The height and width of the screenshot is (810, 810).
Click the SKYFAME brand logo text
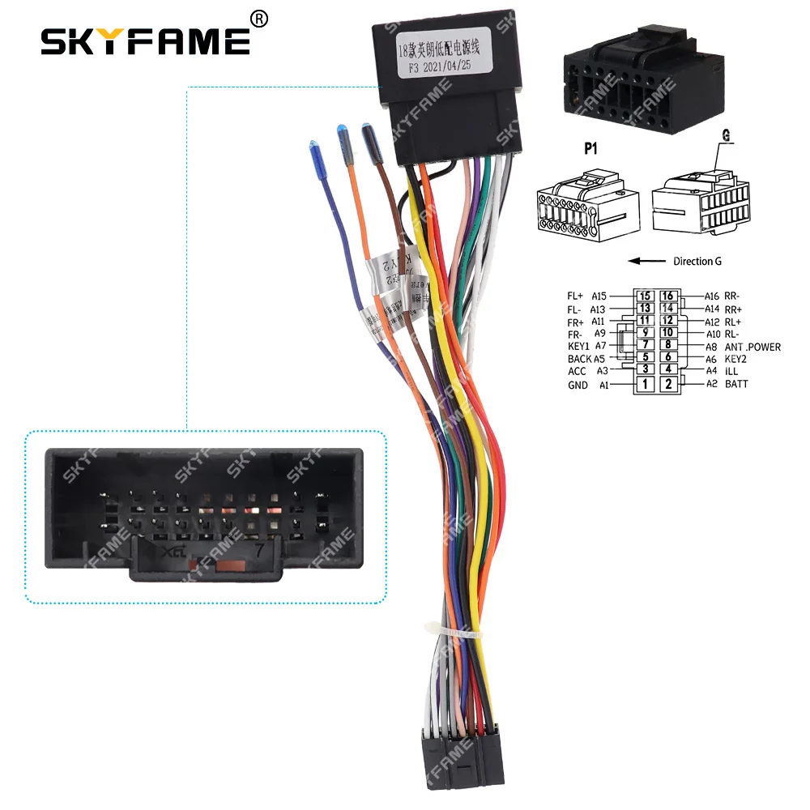click(x=146, y=40)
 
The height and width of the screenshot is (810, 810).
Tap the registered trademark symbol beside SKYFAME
click(x=259, y=17)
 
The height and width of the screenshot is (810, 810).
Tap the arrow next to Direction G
click(x=646, y=261)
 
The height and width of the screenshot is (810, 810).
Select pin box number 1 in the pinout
click(x=646, y=384)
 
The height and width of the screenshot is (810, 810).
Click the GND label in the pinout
click(x=577, y=385)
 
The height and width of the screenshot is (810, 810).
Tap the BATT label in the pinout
click(x=737, y=384)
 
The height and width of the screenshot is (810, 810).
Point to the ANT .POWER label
click(x=752, y=347)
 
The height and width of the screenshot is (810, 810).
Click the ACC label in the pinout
click(x=577, y=372)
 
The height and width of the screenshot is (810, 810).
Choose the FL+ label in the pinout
click(x=576, y=296)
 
